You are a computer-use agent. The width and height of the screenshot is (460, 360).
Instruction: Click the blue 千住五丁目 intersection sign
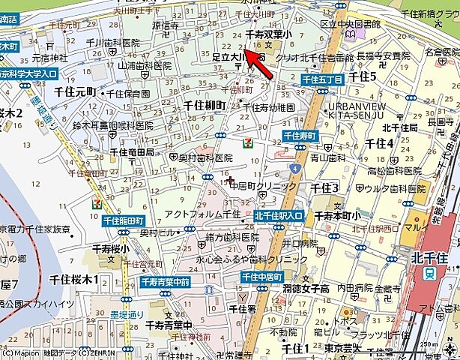(x=322, y=79)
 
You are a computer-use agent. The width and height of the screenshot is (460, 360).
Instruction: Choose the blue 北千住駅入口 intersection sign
(x=279, y=216)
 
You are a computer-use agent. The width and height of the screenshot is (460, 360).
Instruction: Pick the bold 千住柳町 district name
(x=204, y=105)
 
